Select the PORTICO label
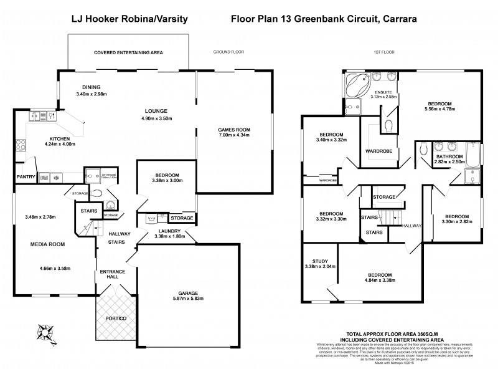pos(116,319)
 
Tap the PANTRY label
pos(26,177)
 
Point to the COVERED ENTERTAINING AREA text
pos(128,52)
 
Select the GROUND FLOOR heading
pos(228,52)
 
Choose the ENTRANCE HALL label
pos(113,275)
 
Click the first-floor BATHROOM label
pos(449,156)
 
